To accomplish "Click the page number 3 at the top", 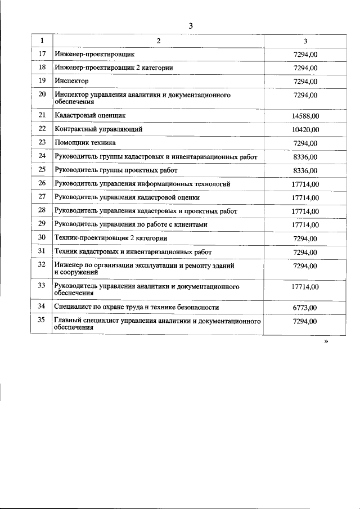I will [x=191, y=26].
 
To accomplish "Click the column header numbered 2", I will [x=158, y=40].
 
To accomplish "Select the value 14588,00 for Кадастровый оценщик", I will [x=305, y=116].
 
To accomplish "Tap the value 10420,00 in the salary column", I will [x=305, y=129].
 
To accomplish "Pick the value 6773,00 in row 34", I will [x=305, y=308].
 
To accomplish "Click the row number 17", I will [x=42, y=54].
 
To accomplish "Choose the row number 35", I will [x=42, y=320].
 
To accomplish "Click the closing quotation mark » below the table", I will [x=326, y=341].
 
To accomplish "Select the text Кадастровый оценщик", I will [x=89, y=115].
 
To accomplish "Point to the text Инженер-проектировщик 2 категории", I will [x=113, y=68].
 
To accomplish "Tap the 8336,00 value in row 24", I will [x=305, y=157].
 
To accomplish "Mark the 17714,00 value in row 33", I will [x=305, y=286].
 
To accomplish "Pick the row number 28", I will [x=42, y=210].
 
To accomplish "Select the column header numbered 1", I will [x=42, y=40].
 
